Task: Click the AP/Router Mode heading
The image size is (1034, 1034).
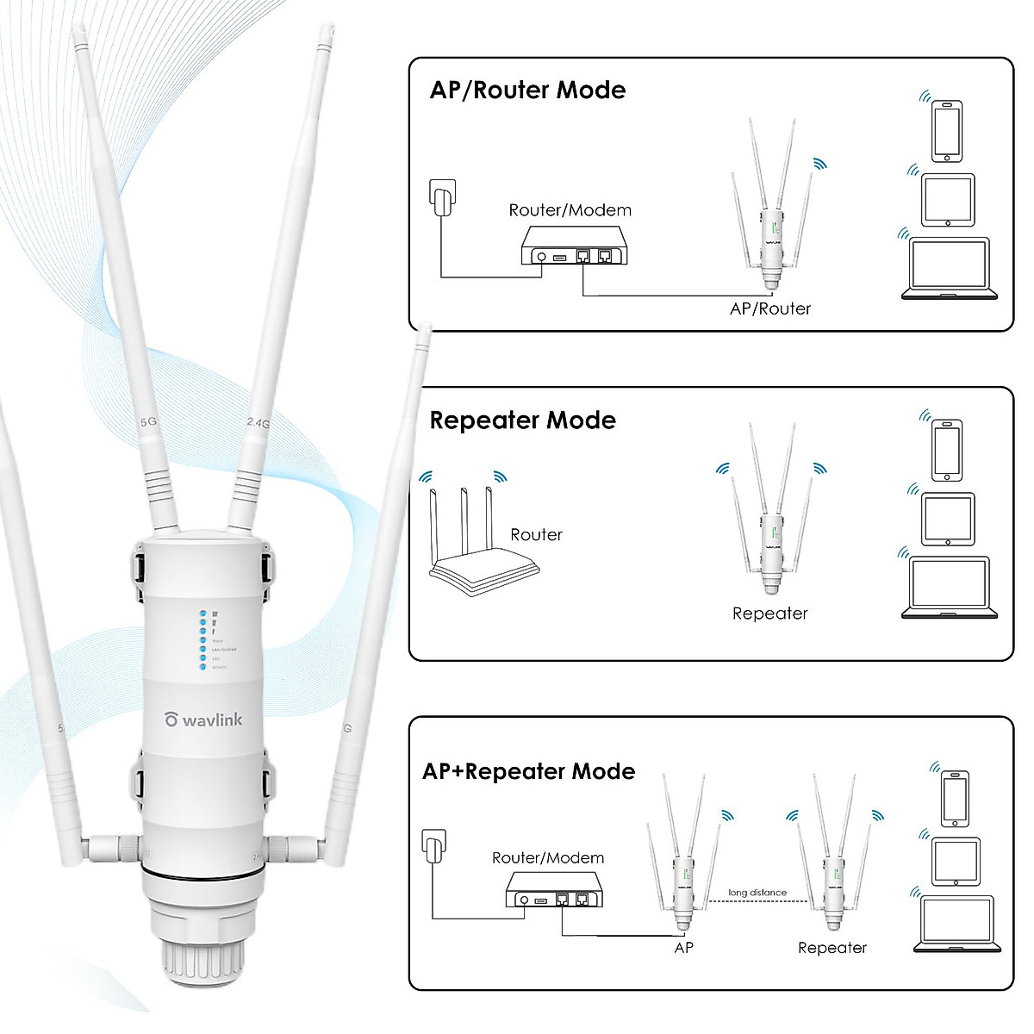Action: point(527,90)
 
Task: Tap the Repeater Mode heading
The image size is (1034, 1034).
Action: point(522,420)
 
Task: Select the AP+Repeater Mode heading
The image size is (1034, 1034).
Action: point(528,771)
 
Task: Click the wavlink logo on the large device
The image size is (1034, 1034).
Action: point(204,719)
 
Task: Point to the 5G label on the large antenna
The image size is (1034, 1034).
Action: point(148,422)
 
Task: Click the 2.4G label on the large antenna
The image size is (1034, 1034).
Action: point(258,423)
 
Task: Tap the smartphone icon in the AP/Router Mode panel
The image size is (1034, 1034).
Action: point(946,130)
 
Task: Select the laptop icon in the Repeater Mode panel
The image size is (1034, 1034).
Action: point(949,588)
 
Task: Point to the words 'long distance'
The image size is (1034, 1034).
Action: point(757,893)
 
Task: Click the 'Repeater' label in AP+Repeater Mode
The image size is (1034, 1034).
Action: point(832,948)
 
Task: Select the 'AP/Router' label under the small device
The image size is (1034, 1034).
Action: point(769,308)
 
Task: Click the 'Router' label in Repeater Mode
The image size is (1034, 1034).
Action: point(536,535)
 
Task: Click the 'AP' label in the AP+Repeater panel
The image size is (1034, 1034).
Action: point(683,948)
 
